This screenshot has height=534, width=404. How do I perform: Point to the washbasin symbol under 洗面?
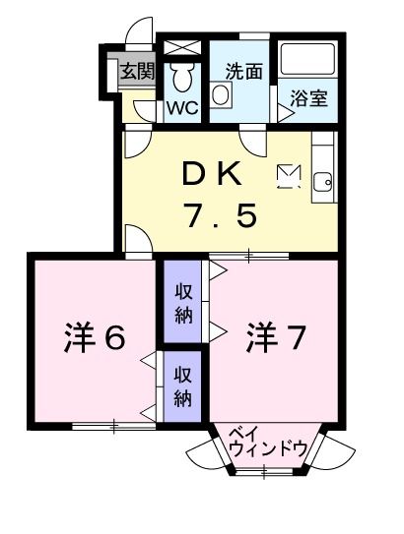coord(223,95)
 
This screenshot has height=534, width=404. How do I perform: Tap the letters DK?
coord(210,173)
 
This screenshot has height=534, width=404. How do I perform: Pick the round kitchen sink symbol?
coord(322,180)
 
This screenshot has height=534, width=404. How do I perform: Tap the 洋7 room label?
coord(275,339)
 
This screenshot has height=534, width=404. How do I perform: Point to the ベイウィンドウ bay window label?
coord(267,442)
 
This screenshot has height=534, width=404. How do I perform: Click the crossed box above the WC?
coord(181,47)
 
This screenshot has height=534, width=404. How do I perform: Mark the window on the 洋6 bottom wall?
coord(113,426)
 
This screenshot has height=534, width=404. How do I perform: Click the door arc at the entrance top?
coord(143,30)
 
